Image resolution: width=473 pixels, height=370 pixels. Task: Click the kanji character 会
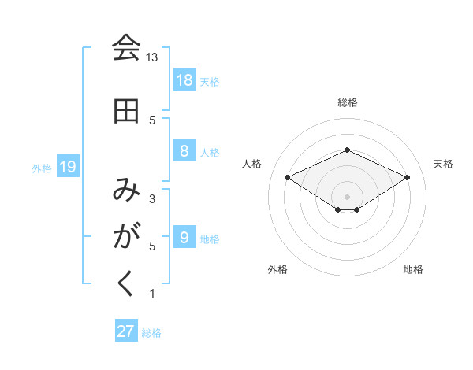(126, 49)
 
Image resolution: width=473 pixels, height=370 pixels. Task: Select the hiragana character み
(126, 190)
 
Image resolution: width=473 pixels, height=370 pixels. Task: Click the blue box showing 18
(184, 80)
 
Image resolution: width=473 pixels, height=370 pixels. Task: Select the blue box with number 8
(184, 152)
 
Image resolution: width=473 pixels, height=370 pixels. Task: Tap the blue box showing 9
(184, 239)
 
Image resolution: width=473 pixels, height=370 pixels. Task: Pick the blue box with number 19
(67, 167)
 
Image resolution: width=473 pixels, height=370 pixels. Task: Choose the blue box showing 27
(126, 331)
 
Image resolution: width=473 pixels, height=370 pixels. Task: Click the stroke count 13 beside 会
(152, 57)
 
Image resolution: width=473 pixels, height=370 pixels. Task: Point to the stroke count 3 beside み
(152, 199)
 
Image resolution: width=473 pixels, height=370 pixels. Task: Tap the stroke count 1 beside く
(152, 294)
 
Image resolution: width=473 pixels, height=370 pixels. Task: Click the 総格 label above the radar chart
(348, 102)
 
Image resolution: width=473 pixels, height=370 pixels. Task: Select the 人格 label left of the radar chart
(252, 164)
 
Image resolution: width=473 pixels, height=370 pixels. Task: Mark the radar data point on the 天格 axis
(407, 177)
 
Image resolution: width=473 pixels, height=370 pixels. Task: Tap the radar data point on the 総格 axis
(348, 150)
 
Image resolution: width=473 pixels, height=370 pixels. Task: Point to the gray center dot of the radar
(348, 196)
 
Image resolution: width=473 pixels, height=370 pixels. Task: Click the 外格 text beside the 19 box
(42, 168)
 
